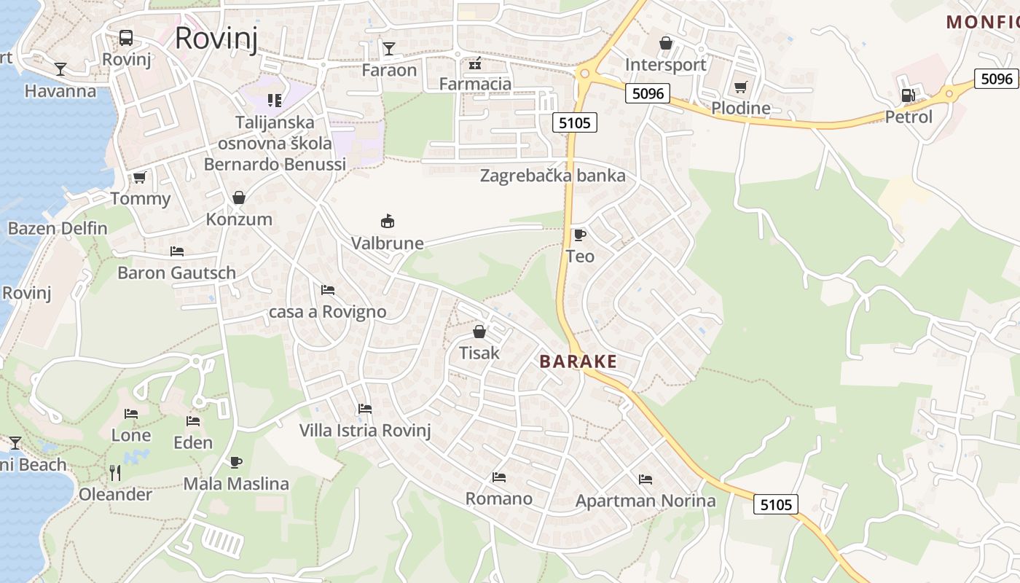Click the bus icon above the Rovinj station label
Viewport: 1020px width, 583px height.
126,37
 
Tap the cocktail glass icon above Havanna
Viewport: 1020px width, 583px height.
60,69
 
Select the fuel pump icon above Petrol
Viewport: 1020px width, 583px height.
908,95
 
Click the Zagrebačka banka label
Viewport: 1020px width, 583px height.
552,176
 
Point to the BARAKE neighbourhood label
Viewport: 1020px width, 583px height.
578,361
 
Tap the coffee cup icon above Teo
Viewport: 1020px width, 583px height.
579,235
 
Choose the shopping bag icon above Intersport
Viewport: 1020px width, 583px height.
665,44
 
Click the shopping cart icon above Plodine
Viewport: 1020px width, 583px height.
740,87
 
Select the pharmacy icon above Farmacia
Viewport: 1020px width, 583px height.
475,63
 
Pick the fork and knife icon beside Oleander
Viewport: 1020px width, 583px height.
115,473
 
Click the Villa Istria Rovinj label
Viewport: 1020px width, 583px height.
365,430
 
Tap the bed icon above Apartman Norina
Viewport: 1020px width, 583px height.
645,480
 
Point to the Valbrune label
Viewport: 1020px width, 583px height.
387,243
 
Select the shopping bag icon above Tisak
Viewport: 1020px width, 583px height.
479,332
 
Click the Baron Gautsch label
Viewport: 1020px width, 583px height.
176,273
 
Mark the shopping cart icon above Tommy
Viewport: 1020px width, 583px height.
139,177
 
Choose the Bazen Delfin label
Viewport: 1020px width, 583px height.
58,229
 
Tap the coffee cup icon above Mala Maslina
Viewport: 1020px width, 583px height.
235,462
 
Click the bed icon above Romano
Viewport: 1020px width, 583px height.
498,477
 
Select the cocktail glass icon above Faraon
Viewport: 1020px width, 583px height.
389,49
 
